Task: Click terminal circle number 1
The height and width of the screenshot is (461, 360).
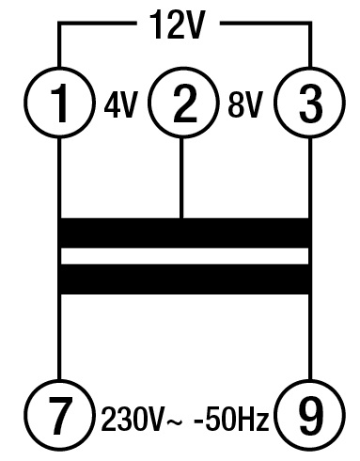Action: point(59,104)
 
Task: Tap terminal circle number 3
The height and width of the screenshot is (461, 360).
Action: point(309,104)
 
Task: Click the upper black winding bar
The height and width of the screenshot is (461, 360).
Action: point(184,232)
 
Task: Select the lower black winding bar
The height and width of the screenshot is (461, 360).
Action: point(184,278)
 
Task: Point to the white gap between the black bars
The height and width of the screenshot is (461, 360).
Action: point(184,256)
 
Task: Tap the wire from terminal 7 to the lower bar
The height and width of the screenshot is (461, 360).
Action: point(59,339)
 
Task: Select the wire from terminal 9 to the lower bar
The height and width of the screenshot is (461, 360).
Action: point(309,339)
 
